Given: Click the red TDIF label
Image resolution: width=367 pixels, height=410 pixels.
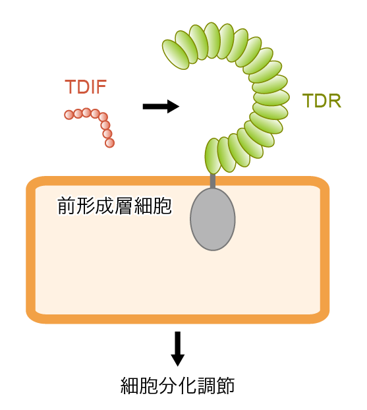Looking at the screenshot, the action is (86, 86).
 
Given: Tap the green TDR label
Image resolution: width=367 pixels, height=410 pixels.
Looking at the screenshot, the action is (322, 101).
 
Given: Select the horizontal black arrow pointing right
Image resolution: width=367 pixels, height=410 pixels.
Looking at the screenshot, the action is (161, 106).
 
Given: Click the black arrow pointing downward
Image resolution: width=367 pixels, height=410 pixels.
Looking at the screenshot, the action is (178, 349).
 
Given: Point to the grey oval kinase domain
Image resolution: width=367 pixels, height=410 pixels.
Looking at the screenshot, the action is (213, 219).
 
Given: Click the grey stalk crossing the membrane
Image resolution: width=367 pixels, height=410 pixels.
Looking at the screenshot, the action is (213, 181).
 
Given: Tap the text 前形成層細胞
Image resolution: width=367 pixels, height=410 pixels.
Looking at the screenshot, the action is (114, 206).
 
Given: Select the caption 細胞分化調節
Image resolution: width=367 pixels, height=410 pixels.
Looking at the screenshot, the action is (177, 386).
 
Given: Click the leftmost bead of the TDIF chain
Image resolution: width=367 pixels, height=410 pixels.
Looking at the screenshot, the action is (69, 115).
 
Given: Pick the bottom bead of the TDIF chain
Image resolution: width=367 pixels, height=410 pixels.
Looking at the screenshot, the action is (109, 143).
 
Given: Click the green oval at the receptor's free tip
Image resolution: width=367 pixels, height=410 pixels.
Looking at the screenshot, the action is (176, 55).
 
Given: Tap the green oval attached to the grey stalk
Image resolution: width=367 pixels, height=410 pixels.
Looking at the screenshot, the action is (213, 156).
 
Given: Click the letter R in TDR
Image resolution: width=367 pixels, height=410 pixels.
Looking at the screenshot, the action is (335, 101).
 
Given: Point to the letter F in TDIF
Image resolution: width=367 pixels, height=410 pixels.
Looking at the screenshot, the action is (101, 86).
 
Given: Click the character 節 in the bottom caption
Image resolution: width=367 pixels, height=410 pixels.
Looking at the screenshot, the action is (225, 386).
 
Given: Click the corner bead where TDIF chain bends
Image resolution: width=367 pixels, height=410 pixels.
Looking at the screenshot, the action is (103, 117).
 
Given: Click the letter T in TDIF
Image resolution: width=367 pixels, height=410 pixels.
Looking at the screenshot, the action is (70, 86).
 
